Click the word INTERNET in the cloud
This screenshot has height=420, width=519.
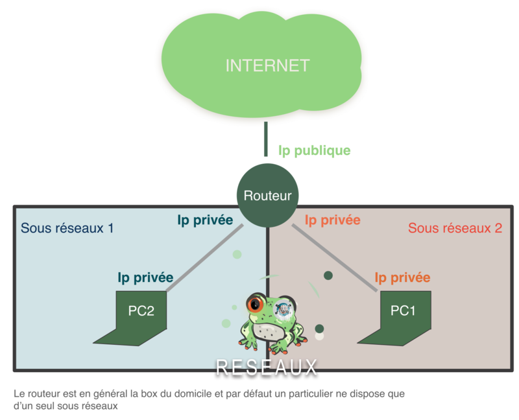point(267,65)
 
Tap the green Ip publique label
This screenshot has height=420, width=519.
point(315,151)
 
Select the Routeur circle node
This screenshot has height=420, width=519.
point(267,195)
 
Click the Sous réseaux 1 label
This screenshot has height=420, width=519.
point(67,228)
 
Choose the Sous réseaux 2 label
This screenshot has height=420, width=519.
point(455,228)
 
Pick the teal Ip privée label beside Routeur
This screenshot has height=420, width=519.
point(205,220)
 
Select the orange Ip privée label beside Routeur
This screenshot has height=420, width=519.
point(332,220)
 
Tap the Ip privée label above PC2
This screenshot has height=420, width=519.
point(145,277)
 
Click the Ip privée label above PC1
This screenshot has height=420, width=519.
point(402,277)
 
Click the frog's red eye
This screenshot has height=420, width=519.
point(254,303)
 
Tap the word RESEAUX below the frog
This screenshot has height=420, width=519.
point(267,367)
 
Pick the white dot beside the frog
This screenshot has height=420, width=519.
point(319,336)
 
